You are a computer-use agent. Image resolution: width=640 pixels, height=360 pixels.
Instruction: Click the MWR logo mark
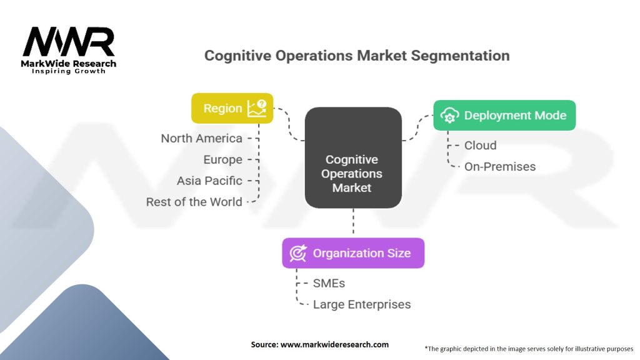coord(69,42)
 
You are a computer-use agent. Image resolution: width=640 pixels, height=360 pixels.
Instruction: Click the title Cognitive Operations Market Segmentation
coord(357,56)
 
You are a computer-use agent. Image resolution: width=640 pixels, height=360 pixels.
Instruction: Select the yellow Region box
coord(232,108)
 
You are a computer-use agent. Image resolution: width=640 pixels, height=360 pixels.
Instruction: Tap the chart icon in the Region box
coord(257,108)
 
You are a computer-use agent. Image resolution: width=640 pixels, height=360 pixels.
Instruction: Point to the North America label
coord(201,138)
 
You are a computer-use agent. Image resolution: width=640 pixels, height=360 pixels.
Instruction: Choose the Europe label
coord(222,159)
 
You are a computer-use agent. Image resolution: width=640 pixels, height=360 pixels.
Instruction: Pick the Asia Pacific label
coord(209,181)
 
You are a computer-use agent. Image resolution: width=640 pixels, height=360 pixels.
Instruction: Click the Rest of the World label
coord(194,202)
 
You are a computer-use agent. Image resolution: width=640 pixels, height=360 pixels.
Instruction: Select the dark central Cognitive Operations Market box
coord(352,158)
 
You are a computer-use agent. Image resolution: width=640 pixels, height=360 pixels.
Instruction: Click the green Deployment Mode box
coord(504,115)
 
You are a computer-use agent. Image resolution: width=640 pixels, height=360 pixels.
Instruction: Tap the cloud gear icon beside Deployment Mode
coord(449,116)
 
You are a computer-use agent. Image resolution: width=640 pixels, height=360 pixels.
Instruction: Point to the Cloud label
coord(480,145)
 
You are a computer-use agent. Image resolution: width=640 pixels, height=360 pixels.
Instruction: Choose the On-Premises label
coord(499,166)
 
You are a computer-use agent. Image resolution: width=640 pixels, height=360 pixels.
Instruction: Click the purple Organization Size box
coord(352,253)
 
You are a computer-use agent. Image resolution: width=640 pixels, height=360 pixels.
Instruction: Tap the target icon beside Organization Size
coord(298,253)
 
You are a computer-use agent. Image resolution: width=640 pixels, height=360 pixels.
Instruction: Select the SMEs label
coord(329,283)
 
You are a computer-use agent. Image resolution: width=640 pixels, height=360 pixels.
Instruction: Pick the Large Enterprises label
coord(362,304)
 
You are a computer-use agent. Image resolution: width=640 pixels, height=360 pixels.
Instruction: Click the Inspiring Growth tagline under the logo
coord(69,71)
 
